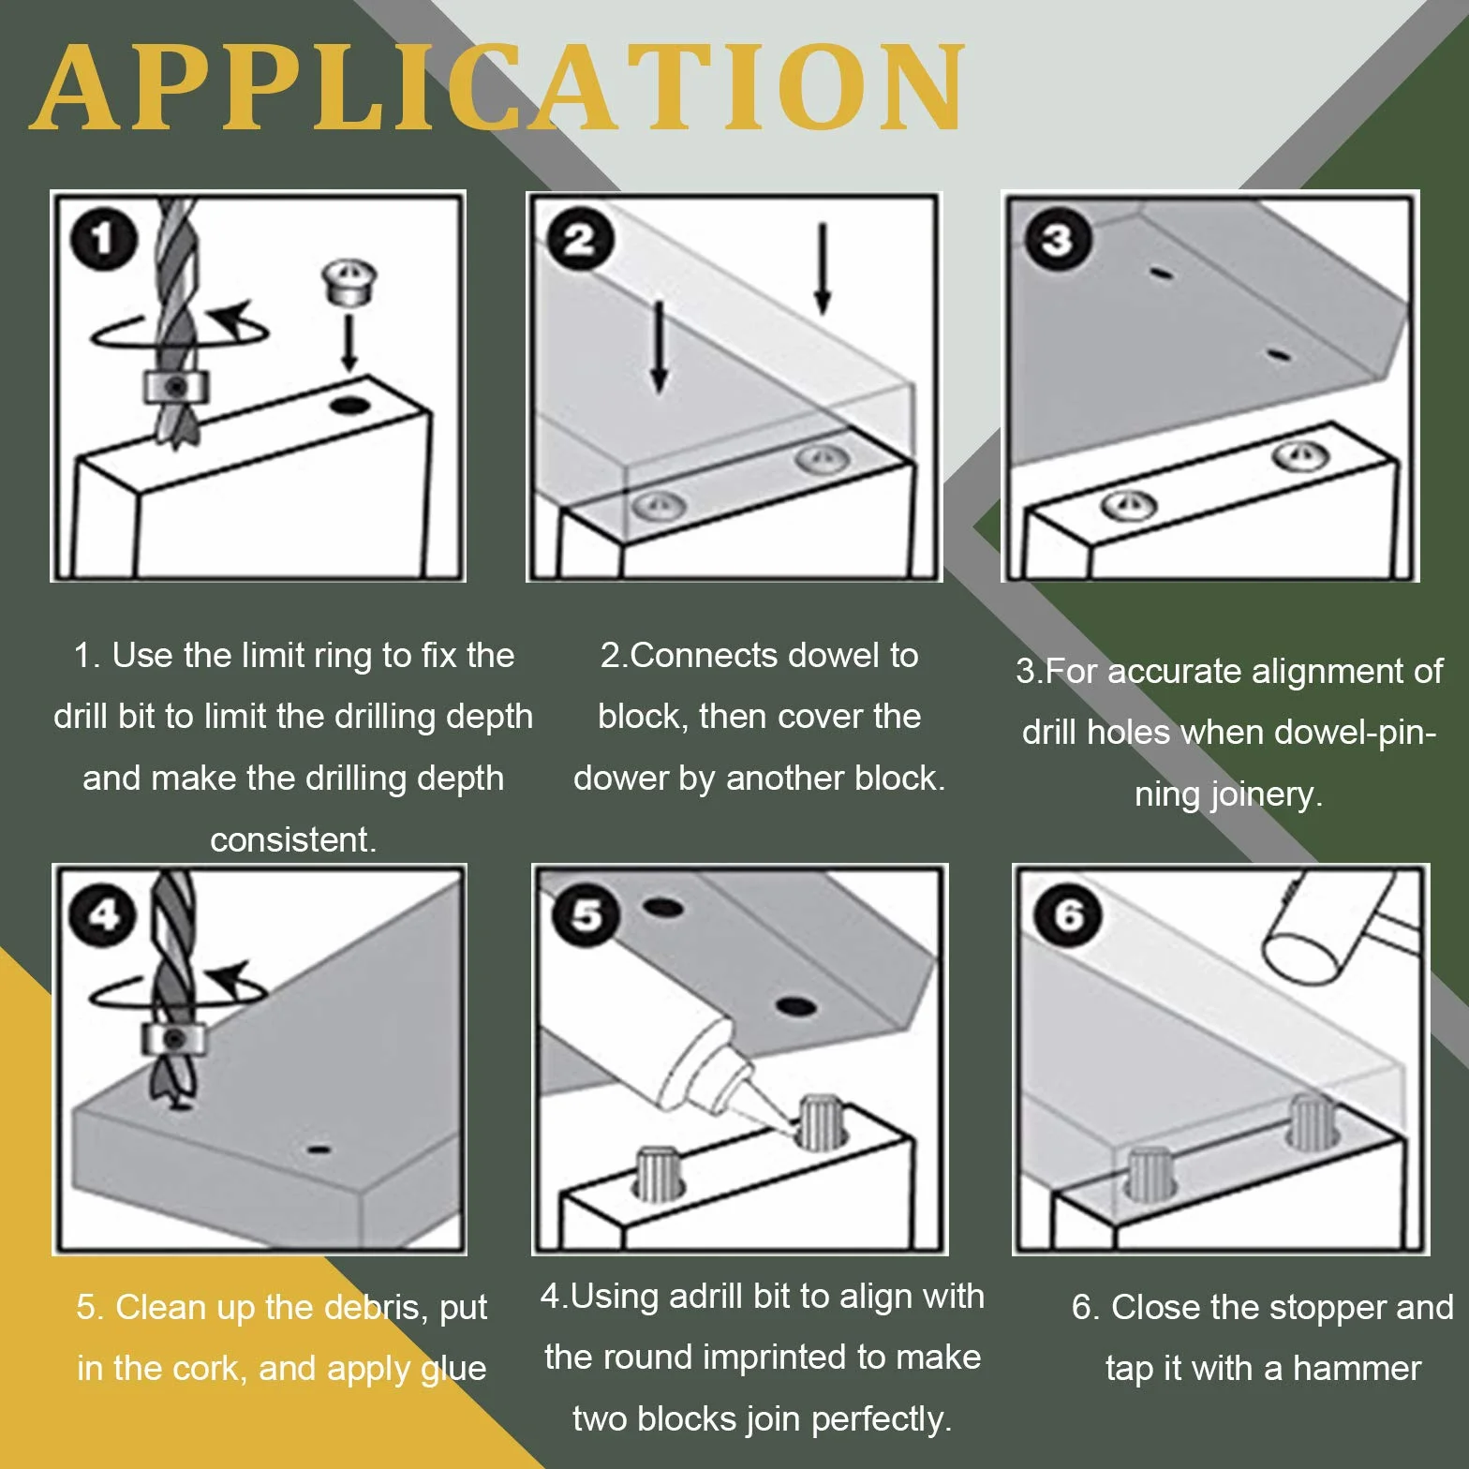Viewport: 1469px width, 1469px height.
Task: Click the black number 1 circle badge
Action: click(x=103, y=240)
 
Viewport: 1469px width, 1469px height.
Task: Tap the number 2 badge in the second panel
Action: click(x=581, y=240)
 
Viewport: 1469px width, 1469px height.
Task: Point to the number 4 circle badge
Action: click(x=103, y=914)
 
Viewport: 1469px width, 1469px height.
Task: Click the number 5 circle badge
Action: click(x=586, y=914)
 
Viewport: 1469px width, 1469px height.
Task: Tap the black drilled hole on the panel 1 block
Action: click(x=349, y=406)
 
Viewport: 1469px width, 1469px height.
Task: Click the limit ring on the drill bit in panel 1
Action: click(x=175, y=385)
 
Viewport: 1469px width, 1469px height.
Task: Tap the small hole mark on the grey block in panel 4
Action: click(x=319, y=1150)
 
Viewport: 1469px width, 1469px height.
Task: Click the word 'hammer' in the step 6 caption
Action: click(x=1357, y=1369)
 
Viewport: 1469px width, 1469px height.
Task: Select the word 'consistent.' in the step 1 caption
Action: click(x=293, y=839)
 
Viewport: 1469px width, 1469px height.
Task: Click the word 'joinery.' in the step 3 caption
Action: click(x=1228, y=794)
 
